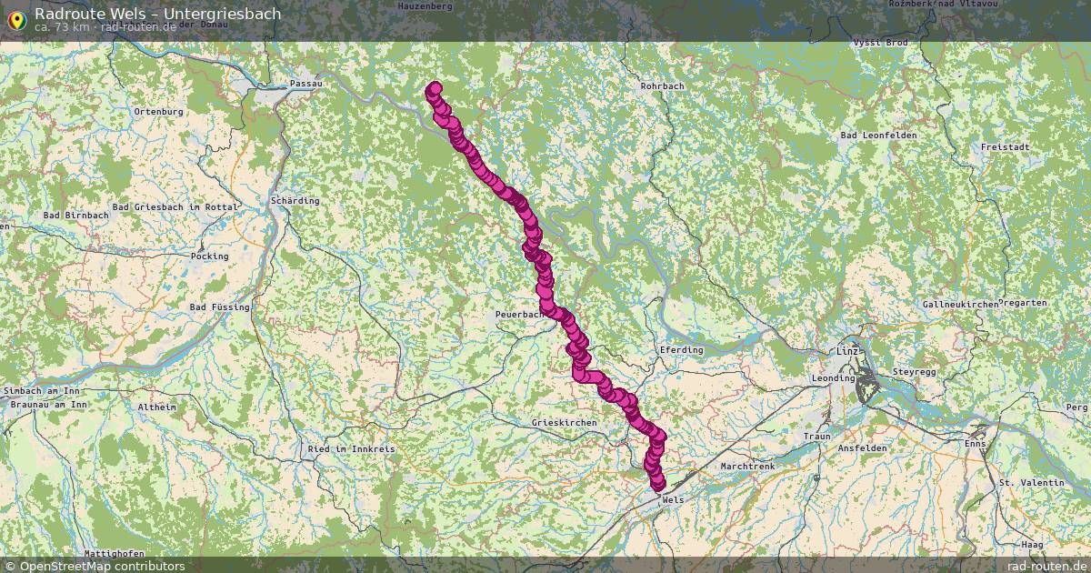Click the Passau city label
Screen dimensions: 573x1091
[x=305, y=84]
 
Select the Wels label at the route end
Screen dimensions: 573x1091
[x=674, y=500]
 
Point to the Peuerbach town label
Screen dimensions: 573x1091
[x=518, y=315]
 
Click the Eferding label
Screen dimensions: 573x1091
[x=680, y=350]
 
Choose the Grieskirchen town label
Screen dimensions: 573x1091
[x=564, y=424]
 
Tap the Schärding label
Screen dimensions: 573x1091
[x=295, y=200]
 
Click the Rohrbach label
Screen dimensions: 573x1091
[x=662, y=86]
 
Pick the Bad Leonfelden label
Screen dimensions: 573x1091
[x=878, y=136]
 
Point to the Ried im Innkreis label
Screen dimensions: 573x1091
[x=351, y=449]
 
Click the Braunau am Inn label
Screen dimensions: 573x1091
[x=46, y=403]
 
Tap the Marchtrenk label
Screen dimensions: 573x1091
[x=747, y=466]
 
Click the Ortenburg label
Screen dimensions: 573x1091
[x=158, y=112]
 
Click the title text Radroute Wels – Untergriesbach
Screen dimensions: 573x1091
[x=157, y=14]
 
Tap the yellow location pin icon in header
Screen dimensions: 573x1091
[x=15, y=18]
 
